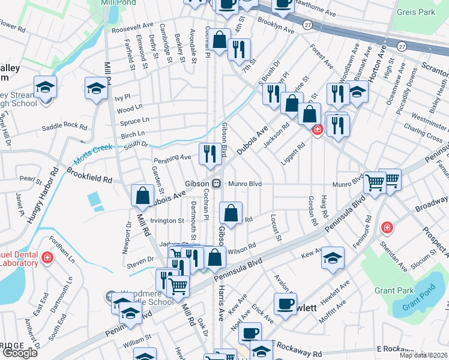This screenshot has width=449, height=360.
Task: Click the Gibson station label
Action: click(196, 183)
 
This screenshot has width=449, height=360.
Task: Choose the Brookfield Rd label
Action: click(89, 179)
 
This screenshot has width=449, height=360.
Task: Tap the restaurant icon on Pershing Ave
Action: click(209, 154)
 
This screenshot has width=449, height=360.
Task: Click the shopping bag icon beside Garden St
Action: click(143, 196)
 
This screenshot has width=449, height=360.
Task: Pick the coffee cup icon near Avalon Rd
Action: click(285, 304)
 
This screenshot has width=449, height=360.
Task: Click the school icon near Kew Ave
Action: click(333, 257)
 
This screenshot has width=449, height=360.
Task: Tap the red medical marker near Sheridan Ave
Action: click(387, 228)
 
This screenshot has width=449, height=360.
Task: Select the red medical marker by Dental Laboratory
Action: click(47, 258)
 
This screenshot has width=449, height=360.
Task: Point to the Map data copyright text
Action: click(423, 355)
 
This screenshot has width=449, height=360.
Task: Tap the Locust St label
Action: click(277, 228)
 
